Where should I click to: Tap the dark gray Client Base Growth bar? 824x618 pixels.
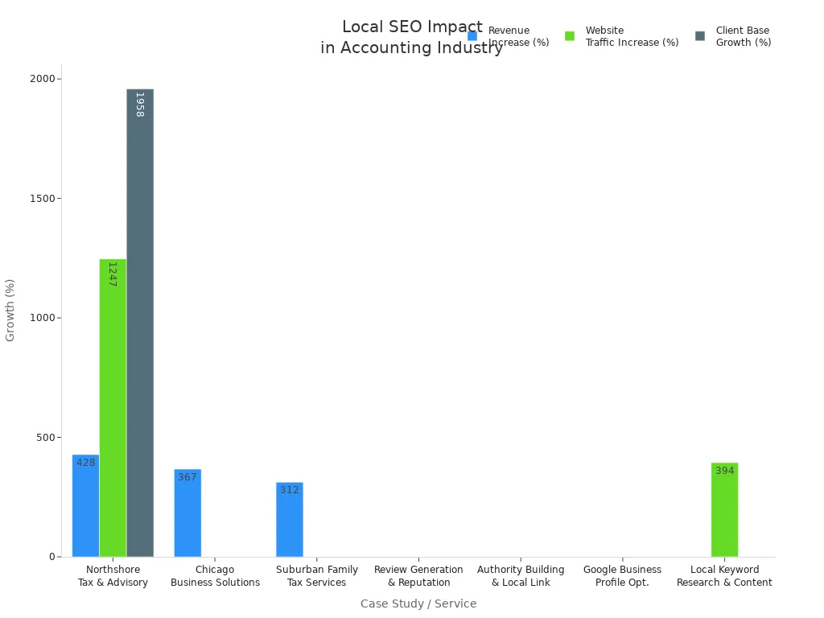click(140, 322)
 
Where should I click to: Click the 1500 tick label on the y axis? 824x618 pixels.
click(43, 199)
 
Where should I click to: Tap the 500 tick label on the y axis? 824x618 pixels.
click(47, 438)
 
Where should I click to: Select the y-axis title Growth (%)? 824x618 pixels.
click(10, 310)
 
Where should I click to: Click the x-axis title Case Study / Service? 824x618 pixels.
click(418, 604)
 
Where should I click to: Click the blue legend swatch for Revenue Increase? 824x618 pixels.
click(472, 36)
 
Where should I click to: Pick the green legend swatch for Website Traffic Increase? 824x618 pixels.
click(570, 36)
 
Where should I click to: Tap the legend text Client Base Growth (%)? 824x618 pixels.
click(743, 36)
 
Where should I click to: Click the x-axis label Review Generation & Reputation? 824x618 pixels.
click(418, 576)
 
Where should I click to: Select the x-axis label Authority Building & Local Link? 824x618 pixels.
click(521, 576)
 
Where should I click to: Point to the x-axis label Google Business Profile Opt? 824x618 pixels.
click(622, 576)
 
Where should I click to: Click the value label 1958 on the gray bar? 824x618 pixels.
click(139, 105)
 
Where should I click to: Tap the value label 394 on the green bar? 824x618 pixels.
click(725, 471)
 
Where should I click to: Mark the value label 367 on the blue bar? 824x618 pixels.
click(187, 477)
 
